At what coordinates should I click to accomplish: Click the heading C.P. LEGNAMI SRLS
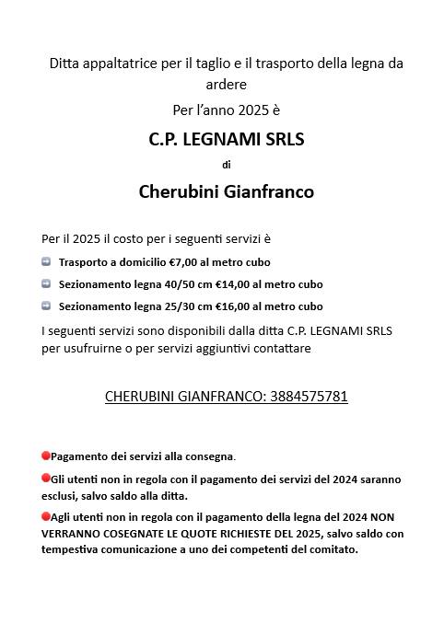[226, 140]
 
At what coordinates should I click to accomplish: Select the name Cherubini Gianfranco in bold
[226, 191]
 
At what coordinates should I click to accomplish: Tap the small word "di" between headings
[227, 166]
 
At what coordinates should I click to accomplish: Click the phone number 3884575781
[308, 397]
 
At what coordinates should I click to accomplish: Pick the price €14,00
[235, 284]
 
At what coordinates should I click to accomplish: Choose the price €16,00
[235, 306]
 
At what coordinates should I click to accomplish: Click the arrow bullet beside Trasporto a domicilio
[46, 262]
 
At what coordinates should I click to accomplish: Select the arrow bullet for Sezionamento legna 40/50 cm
[46, 284]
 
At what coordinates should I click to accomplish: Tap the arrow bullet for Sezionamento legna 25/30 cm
[46, 306]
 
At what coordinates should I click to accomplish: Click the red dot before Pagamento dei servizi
[45, 456]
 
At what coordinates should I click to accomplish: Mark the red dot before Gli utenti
[45, 479]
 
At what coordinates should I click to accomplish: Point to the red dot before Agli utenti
[45, 516]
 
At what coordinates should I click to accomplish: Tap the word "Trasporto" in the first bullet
[84, 262]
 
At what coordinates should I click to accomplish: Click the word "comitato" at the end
[330, 549]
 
